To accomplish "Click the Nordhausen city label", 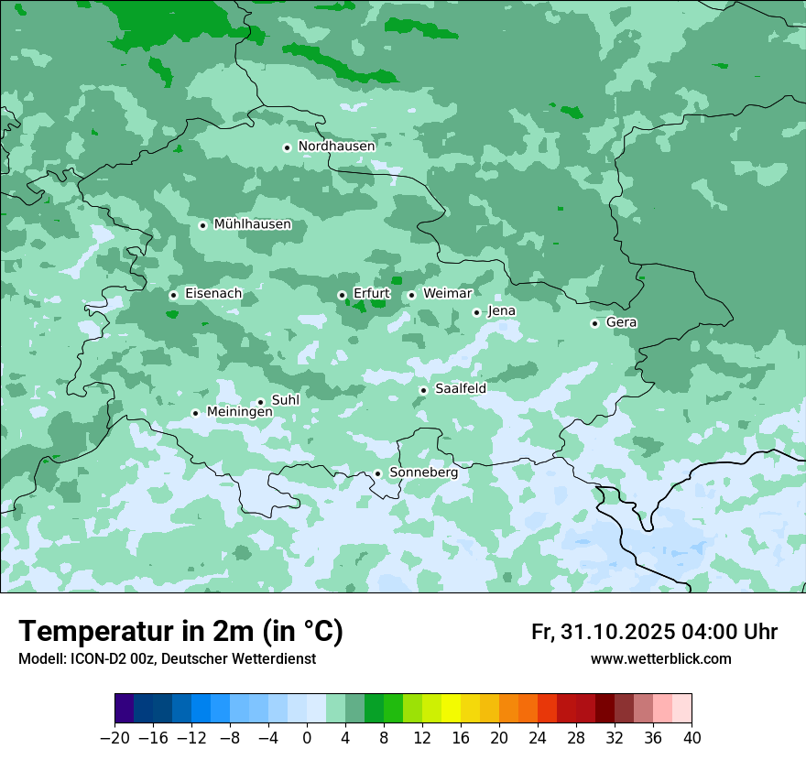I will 336,147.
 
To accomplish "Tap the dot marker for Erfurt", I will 342,295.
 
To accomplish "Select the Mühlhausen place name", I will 252,224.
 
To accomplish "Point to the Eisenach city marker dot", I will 173,295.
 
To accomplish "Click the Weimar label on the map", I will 447,294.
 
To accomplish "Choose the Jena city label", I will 501,311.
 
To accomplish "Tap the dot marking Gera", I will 594,323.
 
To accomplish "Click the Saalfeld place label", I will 460,389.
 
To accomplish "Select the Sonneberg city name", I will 423,472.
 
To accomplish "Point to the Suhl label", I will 285,400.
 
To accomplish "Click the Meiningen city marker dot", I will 195,413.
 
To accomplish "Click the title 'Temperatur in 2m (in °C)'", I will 180,632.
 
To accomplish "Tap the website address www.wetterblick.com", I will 660,659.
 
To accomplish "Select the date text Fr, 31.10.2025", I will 603,632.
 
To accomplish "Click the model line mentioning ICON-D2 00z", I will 167,659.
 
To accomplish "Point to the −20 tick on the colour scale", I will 115,738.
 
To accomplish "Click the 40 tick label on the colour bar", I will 692,738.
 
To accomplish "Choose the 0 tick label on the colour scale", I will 307,738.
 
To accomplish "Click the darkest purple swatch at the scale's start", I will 125,709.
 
